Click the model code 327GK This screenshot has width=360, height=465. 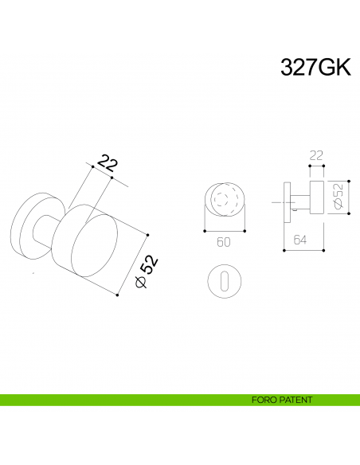click(x=315, y=68)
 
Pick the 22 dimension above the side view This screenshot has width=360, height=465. click(x=316, y=156)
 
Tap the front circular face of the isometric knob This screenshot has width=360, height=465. click(x=89, y=250)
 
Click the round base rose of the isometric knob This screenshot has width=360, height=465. click(x=30, y=225)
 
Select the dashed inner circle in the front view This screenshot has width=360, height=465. click(x=227, y=199)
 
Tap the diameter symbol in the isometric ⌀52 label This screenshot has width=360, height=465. click(x=140, y=283)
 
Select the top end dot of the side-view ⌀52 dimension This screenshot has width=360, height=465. click(x=331, y=179)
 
